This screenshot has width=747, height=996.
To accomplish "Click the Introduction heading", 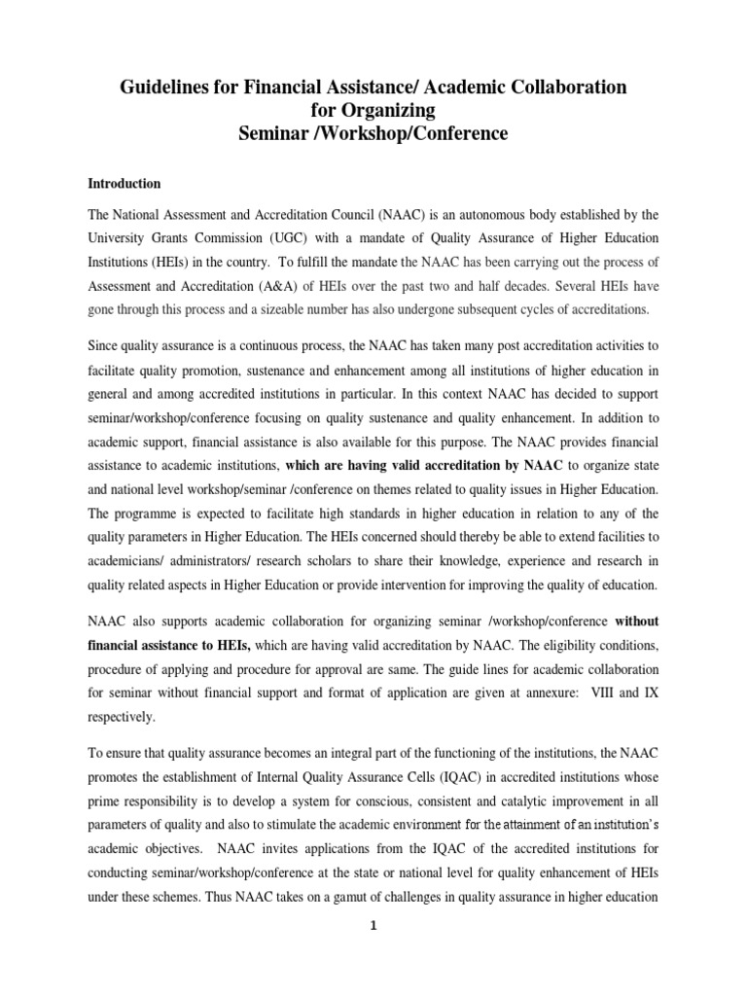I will pyautogui.click(x=124, y=183).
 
